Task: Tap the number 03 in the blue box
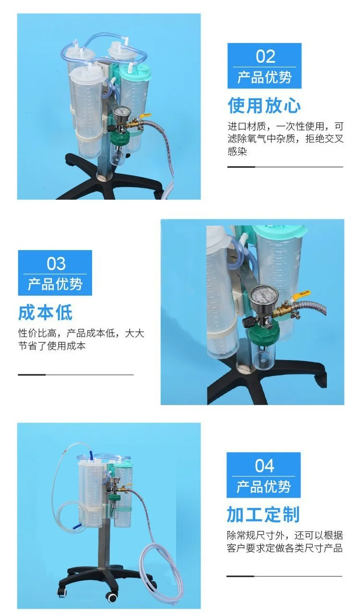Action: click(x=56, y=264)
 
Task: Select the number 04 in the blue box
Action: click(x=264, y=466)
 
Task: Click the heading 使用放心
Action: click(x=264, y=105)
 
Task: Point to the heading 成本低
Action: click(x=46, y=313)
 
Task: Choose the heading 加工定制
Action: click(x=263, y=515)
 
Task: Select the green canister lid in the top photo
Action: click(x=135, y=72)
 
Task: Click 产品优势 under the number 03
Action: click(x=55, y=284)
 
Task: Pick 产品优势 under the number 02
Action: click(x=264, y=77)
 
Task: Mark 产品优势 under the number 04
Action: click(x=263, y=487)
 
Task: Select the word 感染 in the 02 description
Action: click(x=237, y=151)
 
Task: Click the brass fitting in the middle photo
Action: click(x=284, y=312)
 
